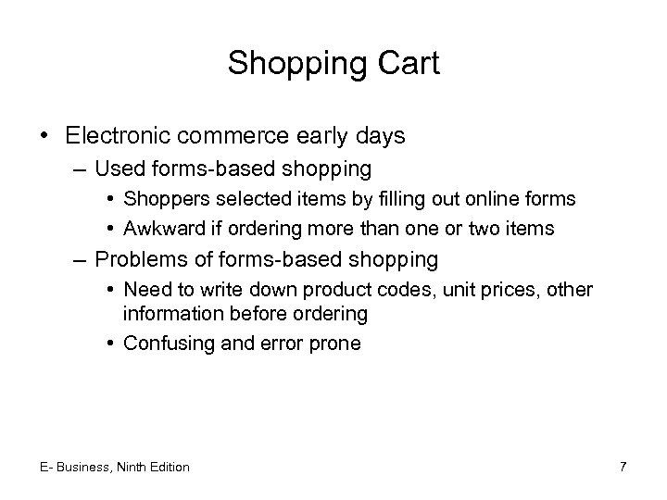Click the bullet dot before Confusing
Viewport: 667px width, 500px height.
110,344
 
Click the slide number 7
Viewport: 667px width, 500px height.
623,467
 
